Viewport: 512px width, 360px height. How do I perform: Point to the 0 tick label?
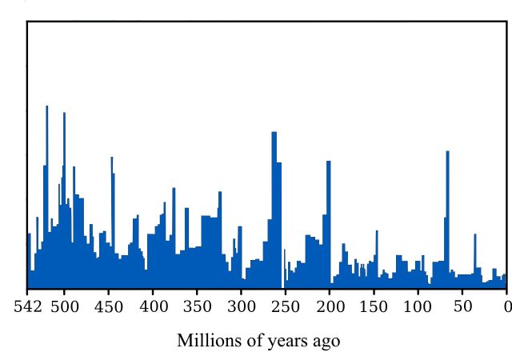coord(506,306)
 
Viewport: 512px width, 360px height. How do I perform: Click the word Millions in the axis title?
coord(208,341)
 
